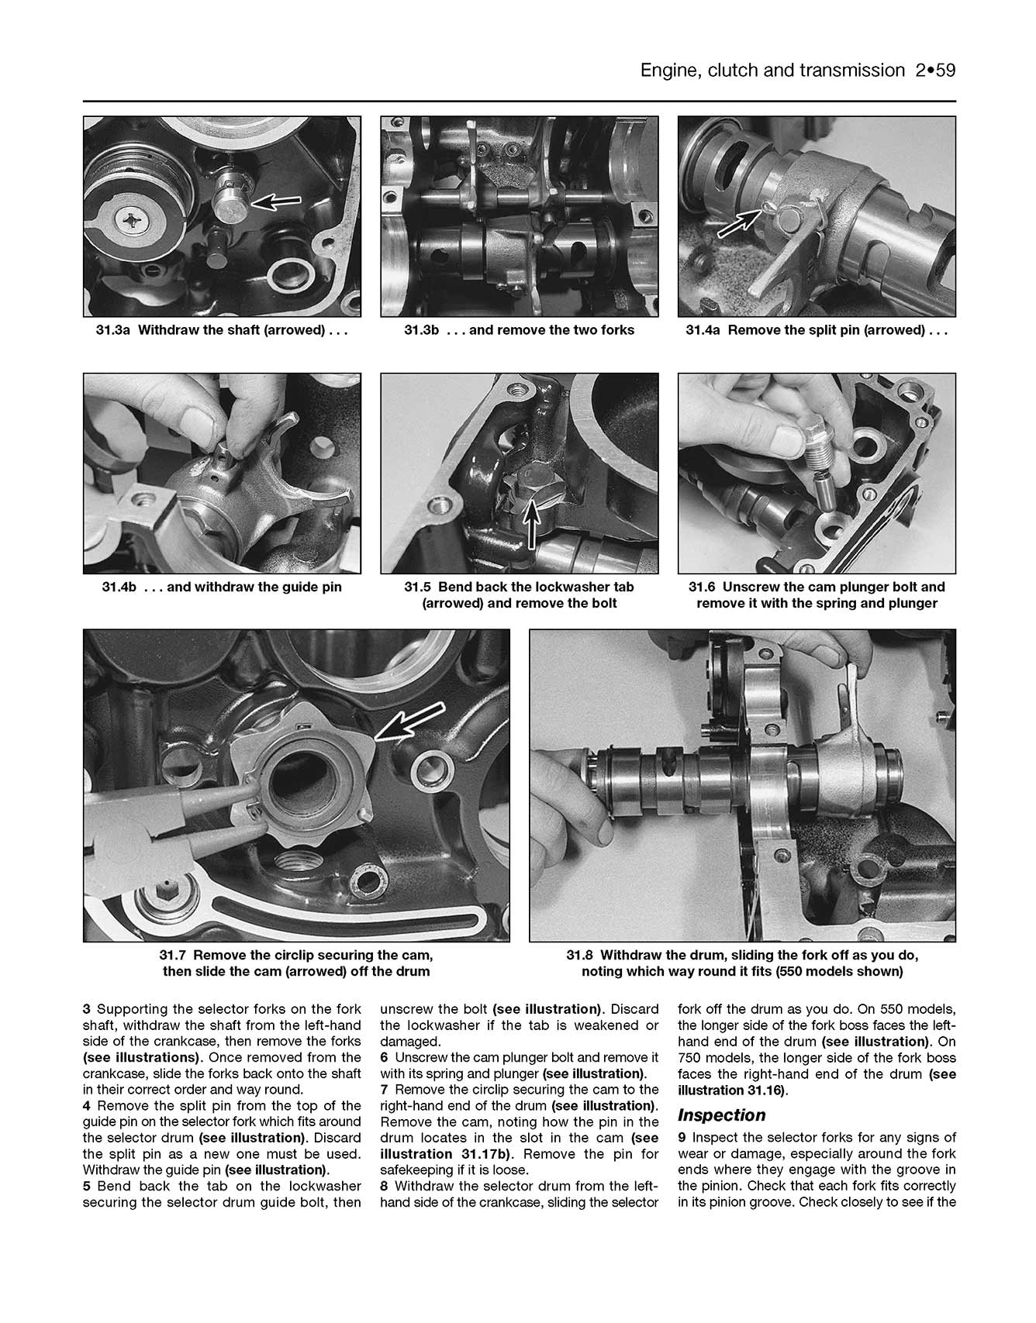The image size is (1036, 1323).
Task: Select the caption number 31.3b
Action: [422, 330]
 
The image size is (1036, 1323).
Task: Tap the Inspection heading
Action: [721, 1115]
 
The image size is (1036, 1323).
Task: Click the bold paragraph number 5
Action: [87, 1186]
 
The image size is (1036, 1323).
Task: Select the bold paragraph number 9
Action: [682, 1138]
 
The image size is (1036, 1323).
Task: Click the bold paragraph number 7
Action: [384, 1090]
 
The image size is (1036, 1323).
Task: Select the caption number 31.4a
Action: [703, 330]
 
